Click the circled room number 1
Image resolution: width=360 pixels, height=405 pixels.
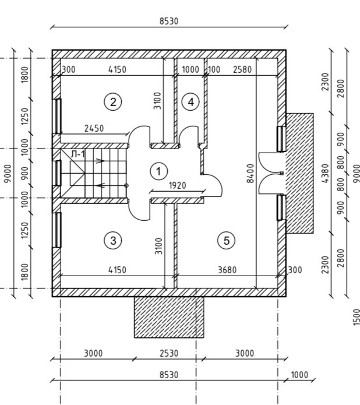coord(158,171)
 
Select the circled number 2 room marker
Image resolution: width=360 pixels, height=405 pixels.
coord(112,102)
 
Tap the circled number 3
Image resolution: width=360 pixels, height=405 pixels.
coord(112,240)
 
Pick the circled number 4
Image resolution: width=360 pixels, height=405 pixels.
coord(190,102)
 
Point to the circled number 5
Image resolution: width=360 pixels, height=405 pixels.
coord(226,240)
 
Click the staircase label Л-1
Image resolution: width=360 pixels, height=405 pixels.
coord(77,154)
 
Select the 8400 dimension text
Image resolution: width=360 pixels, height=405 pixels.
coord(250,173)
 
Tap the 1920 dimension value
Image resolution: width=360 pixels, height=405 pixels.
coord(177,186)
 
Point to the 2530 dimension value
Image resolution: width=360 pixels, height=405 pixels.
coord(169,353)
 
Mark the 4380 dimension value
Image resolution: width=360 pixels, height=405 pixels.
coord(325,173)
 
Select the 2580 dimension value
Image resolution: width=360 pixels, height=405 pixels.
coord(242,69)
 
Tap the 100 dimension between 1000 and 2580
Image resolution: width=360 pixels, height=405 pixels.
coord(214,69)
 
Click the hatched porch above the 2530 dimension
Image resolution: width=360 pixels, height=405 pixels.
coord(169,317)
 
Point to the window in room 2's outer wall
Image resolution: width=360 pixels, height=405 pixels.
coord(58,115)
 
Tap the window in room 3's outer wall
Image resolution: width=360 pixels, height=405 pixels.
coord(58,229)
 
